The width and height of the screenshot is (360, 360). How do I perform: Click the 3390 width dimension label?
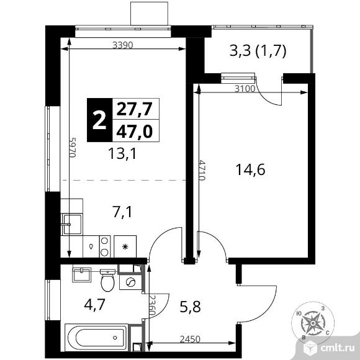point(123,45)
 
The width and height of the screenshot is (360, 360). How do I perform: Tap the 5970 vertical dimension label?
point(73,147)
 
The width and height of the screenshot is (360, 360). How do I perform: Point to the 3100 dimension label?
point(245,89)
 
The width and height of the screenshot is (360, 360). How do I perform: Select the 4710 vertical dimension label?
point(202,170)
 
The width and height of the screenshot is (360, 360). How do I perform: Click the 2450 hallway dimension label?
point(190,339)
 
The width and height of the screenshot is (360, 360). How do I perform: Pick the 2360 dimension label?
point(152,305)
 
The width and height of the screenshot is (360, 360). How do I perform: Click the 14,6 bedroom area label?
point(250,169)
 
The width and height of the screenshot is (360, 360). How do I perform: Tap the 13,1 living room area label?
point(122,153)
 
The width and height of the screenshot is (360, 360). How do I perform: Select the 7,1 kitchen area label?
point(123,212)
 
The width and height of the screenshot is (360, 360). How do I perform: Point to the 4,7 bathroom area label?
point(94,305)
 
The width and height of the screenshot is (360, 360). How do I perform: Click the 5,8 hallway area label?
point(190,307)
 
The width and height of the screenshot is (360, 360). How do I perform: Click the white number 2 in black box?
point(99,120)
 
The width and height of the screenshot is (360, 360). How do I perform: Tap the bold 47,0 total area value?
point(135,132)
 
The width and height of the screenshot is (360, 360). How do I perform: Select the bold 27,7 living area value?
point(135,109)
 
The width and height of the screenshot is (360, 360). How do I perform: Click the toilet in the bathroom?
point(107,280)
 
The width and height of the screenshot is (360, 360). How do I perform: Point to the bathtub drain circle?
point(115,338)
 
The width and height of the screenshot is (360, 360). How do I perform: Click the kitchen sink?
point(71,224)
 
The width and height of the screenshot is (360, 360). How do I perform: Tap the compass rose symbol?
point(312,323)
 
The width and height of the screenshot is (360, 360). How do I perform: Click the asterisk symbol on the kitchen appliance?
point(125,247)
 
